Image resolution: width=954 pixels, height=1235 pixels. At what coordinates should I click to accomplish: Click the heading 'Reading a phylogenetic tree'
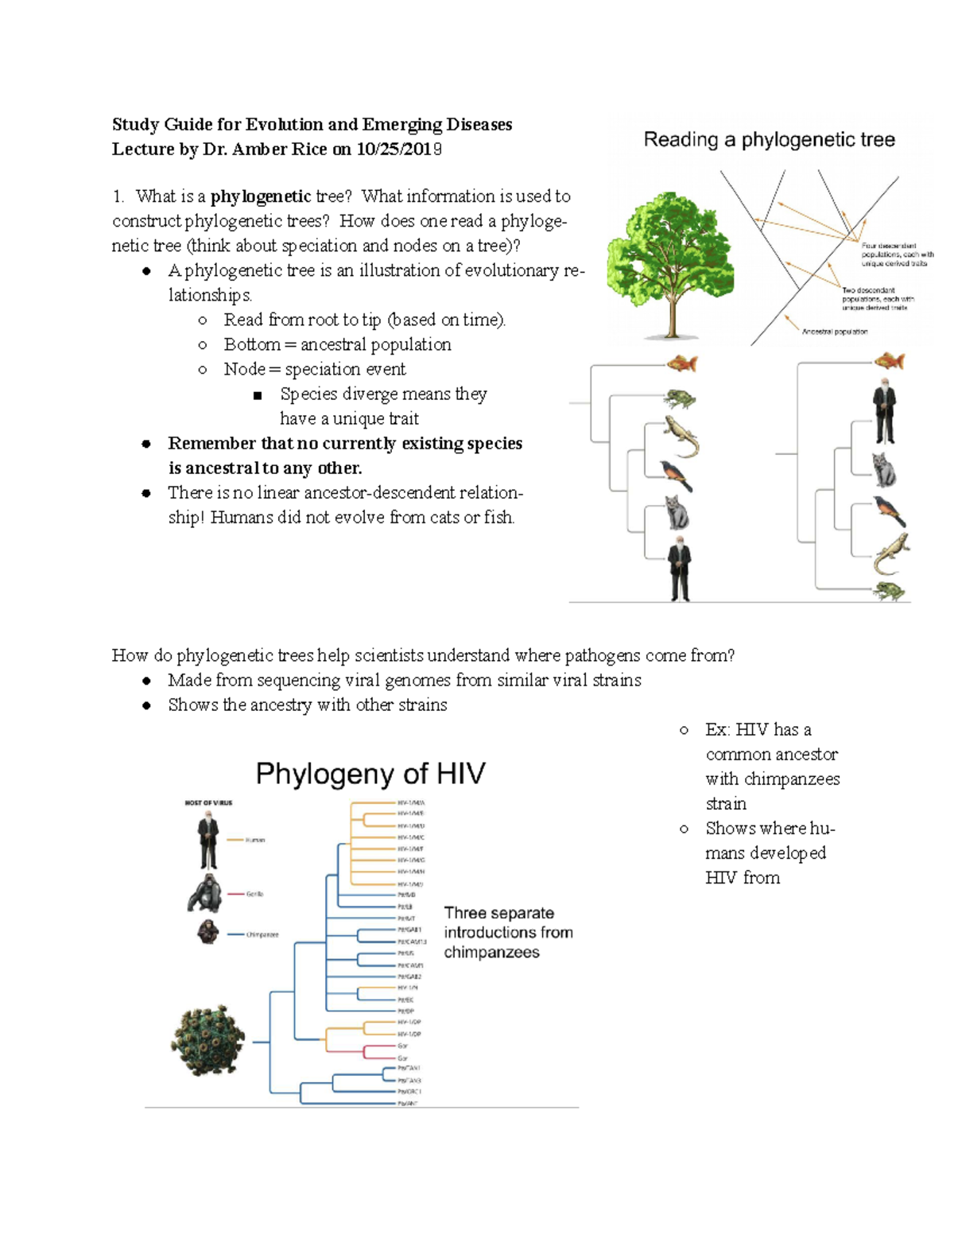[x=769, y=140]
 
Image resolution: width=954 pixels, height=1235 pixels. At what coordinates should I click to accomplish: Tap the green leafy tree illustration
[x=670, y=262]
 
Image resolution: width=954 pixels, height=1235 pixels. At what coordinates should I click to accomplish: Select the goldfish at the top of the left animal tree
[x=681, y=363]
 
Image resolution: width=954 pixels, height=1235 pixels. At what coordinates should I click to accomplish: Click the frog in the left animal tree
[x=680, y=398]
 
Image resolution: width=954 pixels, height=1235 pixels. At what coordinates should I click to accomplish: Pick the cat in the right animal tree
[x=884, y=469]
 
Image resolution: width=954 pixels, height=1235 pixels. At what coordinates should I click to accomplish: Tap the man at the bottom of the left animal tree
[x=679, y=568]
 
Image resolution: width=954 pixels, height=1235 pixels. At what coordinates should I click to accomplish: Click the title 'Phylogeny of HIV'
[x=370, y=774]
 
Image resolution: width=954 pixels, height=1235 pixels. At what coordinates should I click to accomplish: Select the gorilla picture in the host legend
[x=205, y=893]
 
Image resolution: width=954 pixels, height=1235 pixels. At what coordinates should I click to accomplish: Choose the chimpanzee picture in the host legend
[x=207, y=932]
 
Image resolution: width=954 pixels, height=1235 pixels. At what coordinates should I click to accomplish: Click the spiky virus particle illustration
[x=208, y=1040]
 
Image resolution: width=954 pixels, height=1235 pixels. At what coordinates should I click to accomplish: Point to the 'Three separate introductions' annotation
[x=508, y=932]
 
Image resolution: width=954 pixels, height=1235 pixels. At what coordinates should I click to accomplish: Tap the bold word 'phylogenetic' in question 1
[x=260, y=196]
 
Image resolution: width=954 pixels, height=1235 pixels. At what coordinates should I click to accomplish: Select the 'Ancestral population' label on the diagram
[x=834, y=332]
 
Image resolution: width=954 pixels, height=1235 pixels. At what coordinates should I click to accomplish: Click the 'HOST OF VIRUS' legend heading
[x=208, y=802]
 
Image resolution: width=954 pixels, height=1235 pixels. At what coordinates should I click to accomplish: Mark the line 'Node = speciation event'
[x=314, y=369]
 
